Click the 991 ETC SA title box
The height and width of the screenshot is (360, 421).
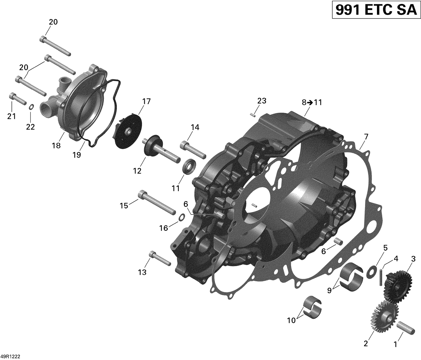pos(376,10)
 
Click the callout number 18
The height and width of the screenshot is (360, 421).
pos(56,145)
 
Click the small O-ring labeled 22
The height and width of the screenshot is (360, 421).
pos(32,107)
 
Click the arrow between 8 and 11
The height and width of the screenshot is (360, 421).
pos(310,103)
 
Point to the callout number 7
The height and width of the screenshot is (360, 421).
pos(366,137)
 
